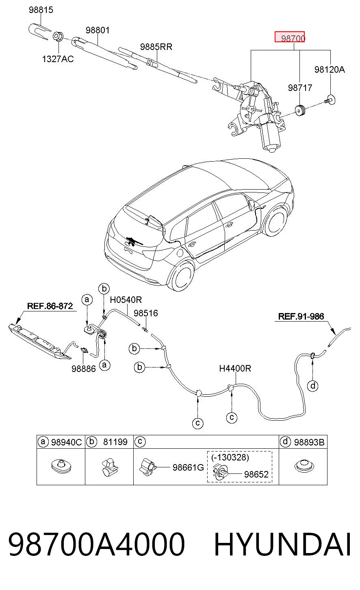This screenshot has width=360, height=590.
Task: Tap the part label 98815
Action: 41,10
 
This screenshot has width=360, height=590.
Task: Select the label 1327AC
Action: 58,59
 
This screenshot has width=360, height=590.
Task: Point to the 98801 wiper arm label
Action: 98,30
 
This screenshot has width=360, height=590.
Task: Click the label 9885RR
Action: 156,47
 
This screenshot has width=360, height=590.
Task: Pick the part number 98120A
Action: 330,69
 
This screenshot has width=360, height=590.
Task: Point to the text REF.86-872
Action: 50,306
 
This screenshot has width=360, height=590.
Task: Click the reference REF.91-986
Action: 301,316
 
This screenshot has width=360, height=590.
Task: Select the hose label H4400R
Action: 235,368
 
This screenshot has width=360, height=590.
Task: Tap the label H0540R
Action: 126,300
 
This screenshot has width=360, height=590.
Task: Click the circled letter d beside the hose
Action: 312,386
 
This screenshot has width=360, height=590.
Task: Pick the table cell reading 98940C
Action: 66,442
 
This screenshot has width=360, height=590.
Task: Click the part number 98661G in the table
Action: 188,467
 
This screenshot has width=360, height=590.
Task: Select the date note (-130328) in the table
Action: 230,458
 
